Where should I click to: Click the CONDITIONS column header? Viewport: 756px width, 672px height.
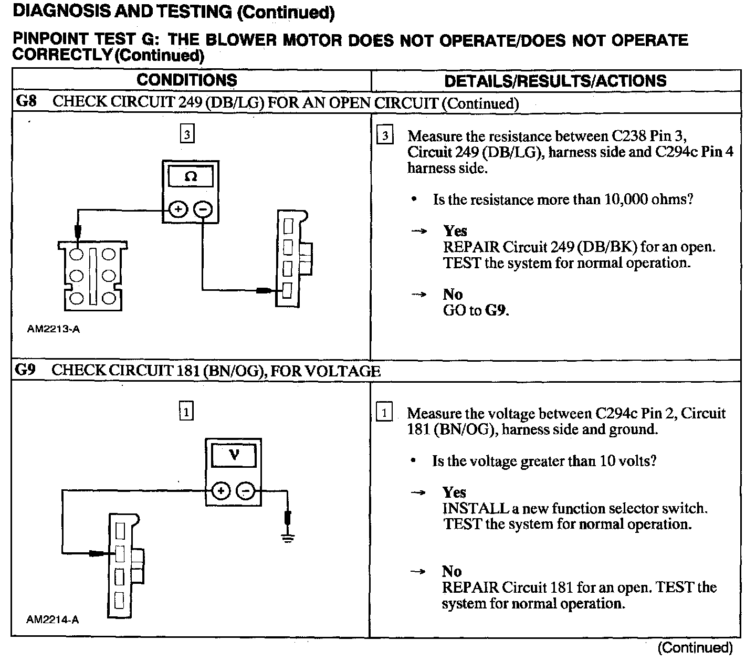click(187, 80)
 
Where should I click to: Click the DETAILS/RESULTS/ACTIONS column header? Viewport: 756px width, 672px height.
click(555, 81)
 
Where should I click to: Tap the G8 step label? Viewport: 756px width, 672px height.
click(27, 101)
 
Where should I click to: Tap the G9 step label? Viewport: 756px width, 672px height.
click(26, 370)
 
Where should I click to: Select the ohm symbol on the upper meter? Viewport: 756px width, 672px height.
click(191, 177)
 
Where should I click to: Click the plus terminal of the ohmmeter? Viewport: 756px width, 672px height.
click(178, 210)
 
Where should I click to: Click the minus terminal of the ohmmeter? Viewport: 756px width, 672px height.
click(203, 210)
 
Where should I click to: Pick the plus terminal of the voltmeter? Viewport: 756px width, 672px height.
click(220, 491)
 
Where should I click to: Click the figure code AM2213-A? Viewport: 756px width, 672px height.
click(54, 330)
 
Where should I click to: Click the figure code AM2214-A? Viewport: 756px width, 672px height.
click(52, 619)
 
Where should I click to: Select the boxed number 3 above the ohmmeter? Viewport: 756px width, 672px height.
click(187, 135)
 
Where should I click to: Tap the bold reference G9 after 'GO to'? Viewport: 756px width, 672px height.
click(496, 310)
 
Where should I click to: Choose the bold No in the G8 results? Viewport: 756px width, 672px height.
click(453, 295)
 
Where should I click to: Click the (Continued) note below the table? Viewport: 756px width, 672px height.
click(695, 648)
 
